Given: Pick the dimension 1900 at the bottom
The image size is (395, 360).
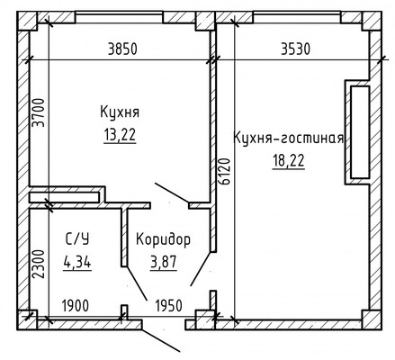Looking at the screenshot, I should (76, 303).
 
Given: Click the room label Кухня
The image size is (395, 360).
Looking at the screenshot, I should (120, 112).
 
